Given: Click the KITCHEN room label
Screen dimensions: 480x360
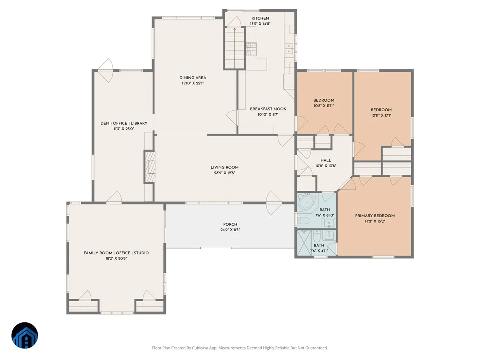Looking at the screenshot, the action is (x=260, y=18).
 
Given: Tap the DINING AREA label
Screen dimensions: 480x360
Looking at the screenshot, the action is (x=193, y=78).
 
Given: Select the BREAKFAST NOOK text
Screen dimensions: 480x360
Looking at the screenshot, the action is (x=268, y=109).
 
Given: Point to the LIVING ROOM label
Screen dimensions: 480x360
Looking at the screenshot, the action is (x=224, y=168).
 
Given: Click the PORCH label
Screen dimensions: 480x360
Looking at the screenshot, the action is (x=230, y=224).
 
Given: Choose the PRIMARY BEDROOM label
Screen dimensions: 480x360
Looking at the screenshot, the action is (x=375, y=216).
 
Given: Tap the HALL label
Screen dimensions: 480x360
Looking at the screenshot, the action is (x=326, y=160).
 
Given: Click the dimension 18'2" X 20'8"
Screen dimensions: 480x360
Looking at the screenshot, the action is (x=116, y=258).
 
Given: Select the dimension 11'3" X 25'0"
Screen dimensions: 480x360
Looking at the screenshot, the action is (x=124, y=129).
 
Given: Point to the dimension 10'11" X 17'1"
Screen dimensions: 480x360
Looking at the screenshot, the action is (x=381, y=116).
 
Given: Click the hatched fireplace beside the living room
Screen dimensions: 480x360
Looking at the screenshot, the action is (x=150, y=167).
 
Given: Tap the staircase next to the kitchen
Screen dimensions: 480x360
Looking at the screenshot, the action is (x=234, y=48).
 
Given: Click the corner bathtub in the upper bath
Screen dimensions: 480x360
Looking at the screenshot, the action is (x=306, y=202).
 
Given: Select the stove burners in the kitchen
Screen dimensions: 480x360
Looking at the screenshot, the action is (x=251, y=49).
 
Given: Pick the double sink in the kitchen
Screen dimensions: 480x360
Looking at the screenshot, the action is (x=289, y=48).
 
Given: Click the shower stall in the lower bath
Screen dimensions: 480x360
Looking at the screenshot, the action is (x=304, y=243).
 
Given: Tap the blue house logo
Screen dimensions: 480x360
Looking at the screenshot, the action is (x=25, y=336).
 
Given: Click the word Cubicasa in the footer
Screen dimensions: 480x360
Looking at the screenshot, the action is (x=200, y=348).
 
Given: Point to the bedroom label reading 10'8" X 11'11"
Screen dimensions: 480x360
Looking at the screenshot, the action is (x=324, y=106).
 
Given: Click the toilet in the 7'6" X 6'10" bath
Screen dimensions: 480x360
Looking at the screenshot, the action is (x=303, y=221).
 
